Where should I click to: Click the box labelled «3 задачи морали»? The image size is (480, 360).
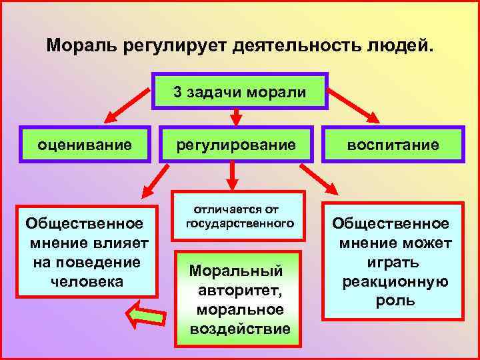click(240, 91)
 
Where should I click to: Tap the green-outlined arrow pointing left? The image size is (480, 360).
click(143, 313)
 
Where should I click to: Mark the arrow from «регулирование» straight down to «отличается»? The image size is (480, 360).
click(233, 176)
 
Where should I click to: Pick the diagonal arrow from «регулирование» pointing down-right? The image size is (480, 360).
click(319, 181)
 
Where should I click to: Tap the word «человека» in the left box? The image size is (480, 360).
click(87, 280)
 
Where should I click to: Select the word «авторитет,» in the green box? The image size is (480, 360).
click(236, 291)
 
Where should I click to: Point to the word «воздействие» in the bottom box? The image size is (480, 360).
click(240, 329)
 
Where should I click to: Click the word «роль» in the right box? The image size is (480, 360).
click(395, 300)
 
